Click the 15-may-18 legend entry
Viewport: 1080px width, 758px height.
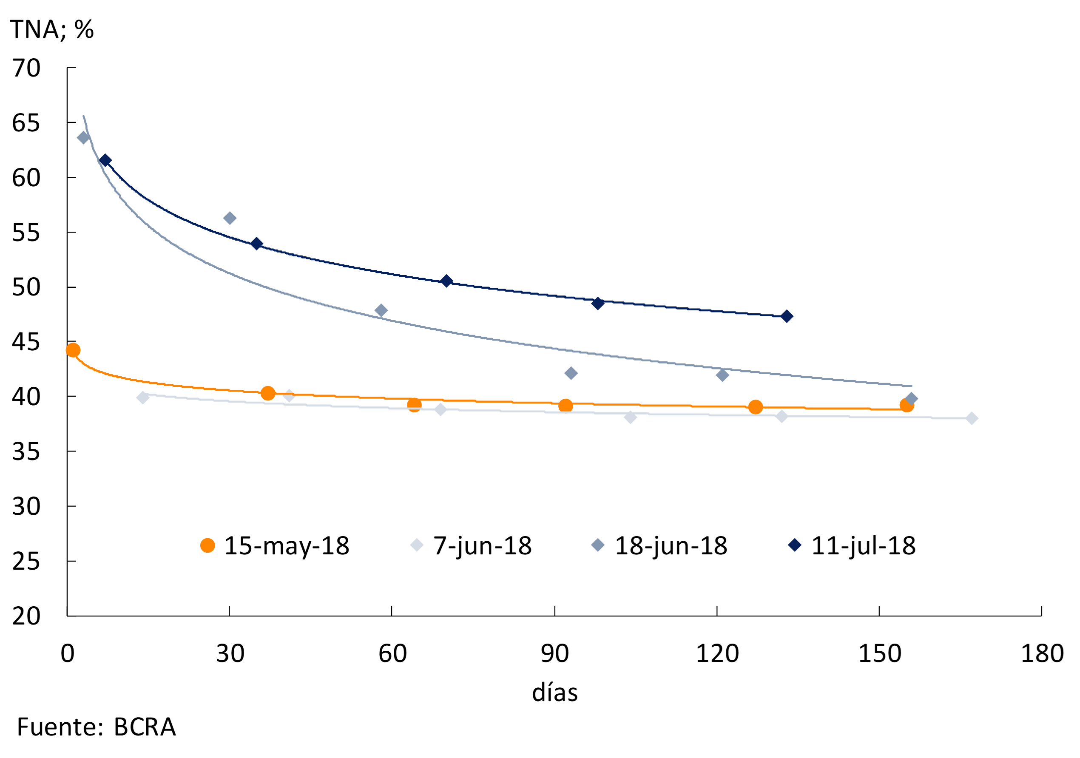(x=275, y=545)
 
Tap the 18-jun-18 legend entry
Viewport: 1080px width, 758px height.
(x=659, y=545)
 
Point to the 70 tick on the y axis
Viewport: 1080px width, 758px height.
(x=26, y=68)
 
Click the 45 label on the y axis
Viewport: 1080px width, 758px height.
(x=26, y=342)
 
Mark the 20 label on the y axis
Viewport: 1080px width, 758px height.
(x=26, y=616)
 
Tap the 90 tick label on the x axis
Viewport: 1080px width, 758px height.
(x=554, y=653)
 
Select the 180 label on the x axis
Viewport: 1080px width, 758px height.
(x=1042, y=653)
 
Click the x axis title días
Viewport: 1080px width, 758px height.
(x=554, y=693)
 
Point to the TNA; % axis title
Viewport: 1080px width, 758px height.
(x=52, y=29)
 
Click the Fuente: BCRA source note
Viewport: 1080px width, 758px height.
(x=97, y=727)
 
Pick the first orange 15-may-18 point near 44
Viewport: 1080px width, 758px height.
(x=73, y=350)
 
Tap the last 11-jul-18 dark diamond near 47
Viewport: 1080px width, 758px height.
(x=787, y=316)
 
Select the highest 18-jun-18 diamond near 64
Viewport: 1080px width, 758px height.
(x=83, y=138)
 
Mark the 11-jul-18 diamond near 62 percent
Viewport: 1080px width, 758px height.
(x=105, y=160)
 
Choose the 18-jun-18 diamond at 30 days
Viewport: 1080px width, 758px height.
(x=230, y=218)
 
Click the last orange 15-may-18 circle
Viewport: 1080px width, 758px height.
(x=907, y=405)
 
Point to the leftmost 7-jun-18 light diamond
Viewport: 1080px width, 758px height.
(x=142, y=398)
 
